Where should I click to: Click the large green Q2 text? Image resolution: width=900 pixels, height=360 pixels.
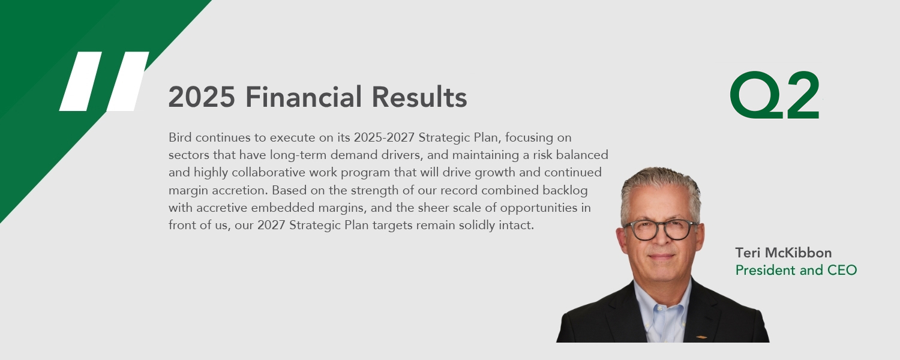[x=775, y=95]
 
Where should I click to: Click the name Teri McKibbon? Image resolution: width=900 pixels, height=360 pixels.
[x=784, y=253]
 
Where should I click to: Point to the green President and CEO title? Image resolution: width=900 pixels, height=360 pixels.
[x=796, y=271]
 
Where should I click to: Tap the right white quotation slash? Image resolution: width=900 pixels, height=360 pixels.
[x=128, y=81]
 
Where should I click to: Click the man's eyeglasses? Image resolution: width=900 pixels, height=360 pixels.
[x=659, y=229]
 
